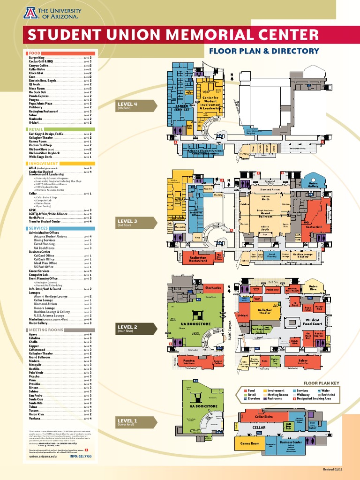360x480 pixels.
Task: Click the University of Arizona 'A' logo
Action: pos(30,13)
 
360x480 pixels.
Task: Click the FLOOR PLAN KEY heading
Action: pos(321,383)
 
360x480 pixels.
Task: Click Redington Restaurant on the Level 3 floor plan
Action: pos(198,258)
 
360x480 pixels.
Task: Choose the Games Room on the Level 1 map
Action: pos(250,443)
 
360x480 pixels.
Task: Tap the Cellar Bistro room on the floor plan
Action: pos(263,417)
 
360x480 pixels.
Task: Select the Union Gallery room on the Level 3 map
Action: pos(313,185)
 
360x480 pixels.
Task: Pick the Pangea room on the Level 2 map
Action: pos(189,361)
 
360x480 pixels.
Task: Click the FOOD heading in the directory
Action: pos(35,53)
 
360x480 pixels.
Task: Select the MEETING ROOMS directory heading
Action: pos(46,330)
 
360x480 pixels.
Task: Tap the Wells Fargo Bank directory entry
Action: pos(43,157)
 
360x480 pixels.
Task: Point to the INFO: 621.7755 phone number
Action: pos(81,456)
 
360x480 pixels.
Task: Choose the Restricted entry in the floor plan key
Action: pos(328,395)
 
